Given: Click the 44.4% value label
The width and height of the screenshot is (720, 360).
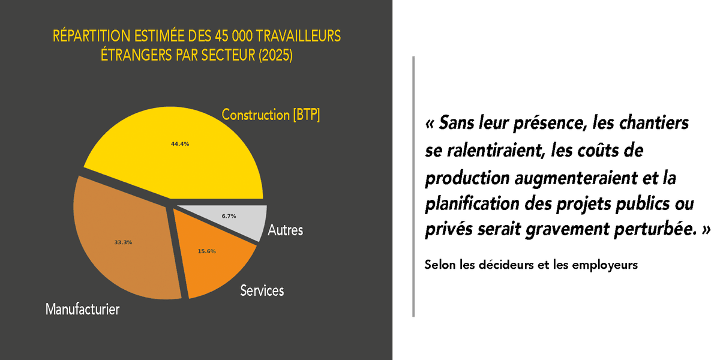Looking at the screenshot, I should [180, 144].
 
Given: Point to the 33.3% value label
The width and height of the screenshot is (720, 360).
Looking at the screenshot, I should [123, 242].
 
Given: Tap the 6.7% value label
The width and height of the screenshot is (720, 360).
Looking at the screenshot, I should [229, 216].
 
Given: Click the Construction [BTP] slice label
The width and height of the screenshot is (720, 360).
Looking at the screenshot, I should [271, 115].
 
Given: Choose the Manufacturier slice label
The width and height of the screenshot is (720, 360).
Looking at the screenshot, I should [83, 310].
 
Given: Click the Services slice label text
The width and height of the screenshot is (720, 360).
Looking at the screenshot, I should [262, 291].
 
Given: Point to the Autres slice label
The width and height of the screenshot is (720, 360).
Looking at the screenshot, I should [286, 230].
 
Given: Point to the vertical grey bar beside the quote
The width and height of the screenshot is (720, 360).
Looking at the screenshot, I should [413, 186].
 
